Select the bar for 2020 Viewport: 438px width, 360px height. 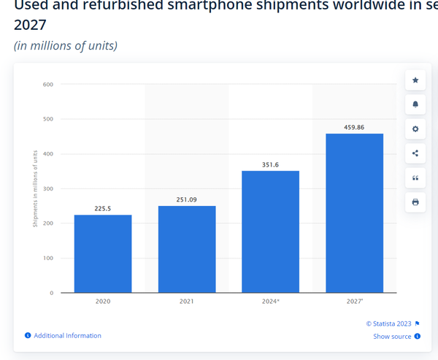[x=103, y=253]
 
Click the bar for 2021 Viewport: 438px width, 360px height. [x=187, y=249]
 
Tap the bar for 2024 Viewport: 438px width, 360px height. [x=270, y=231]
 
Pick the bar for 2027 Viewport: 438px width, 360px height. [x=354, y=212]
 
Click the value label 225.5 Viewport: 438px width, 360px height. [x=103, y=208]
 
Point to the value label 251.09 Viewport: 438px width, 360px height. [x=187, y=199]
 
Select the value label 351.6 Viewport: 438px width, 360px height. [x=270, y=164]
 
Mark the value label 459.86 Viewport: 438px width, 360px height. [x=354, y=127]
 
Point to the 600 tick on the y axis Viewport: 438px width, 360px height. [x=48, y=85]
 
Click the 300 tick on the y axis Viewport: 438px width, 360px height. [x=48, y=188]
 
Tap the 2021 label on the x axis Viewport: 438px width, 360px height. [x=187, y=301]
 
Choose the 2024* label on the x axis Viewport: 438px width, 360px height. [x=271, y=301]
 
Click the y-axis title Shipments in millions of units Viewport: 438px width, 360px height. [x=35, y=188]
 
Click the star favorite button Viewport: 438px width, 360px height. [x=415, y=80]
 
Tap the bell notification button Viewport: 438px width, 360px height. [x=415, y=104]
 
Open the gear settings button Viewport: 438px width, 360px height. [x=415, y=129]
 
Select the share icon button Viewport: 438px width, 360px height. [x=415, y=153]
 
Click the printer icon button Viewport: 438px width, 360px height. [x=415, y=202]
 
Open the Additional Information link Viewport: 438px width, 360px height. [x=67, y=336]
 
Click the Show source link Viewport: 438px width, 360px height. [x=392, y=337]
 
